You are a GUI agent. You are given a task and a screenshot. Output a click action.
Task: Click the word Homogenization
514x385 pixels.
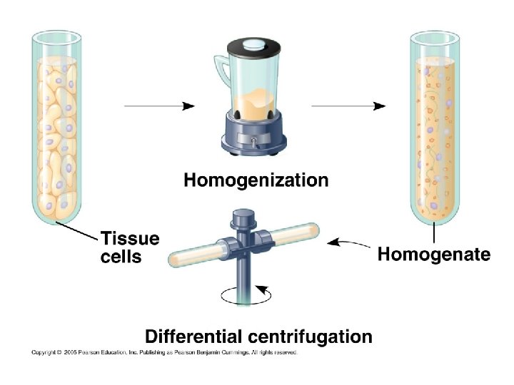tap(256, 180)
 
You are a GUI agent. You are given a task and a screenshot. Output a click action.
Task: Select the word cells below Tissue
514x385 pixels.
tap(121, 256)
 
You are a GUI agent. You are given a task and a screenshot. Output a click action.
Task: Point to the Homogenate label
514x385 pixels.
tap(433, 254)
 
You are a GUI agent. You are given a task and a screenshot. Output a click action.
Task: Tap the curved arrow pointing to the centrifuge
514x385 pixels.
tap(350, 243)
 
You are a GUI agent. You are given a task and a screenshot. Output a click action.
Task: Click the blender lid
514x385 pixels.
tap(251, 45)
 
